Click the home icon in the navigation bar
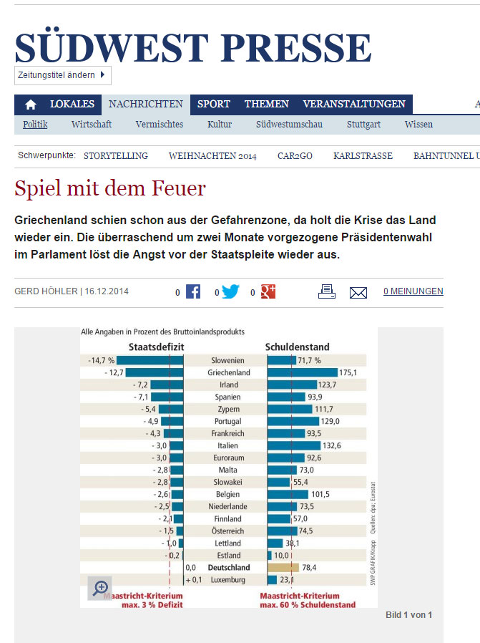pyautogui.click(x=30, y=105)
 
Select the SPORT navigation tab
pyautogui.click(x=213, y=104)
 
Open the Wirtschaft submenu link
pyautogui.click(x=92, y=125)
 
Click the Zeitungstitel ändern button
pyautogui.click(x=63, y=75)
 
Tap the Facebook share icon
pyautogui.click(x=193, y=291)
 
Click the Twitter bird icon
pyautogui.click(x=230, y=291)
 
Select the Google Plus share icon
pyautogui.click(x=268, y=291)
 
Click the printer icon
pyautogui.click(x=327, y=291)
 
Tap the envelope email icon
pyautogui.click(x=358, y=293)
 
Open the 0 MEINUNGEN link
pyautogui.click(x=413, y=291)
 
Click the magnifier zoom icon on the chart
pyautogui.click(x=100, y=588)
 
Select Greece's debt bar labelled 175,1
pyautogui.click(x=303, y=372)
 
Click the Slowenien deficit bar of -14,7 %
pyautogui.click(x=150, y=360)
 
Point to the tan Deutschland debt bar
pyautogui.click(x=283, y=568)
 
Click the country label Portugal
pyautogui.click(x=227, y=422)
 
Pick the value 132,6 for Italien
pyautogui.click(x=332, y=446)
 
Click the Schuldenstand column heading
pyautogui.click(x=298, y=347)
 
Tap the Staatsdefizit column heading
pyautogui.click(x=157, y=347)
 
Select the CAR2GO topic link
pyautogui.click(x=295, y=156)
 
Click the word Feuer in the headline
pyautogui.click(x=179, y=188)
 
